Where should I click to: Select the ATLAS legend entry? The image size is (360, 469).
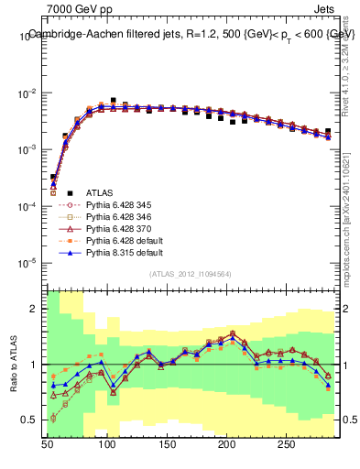(x=99, y=192)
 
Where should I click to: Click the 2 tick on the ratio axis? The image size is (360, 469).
(x=37, y=309)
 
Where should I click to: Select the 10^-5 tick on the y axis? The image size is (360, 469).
(x=27, y=264)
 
